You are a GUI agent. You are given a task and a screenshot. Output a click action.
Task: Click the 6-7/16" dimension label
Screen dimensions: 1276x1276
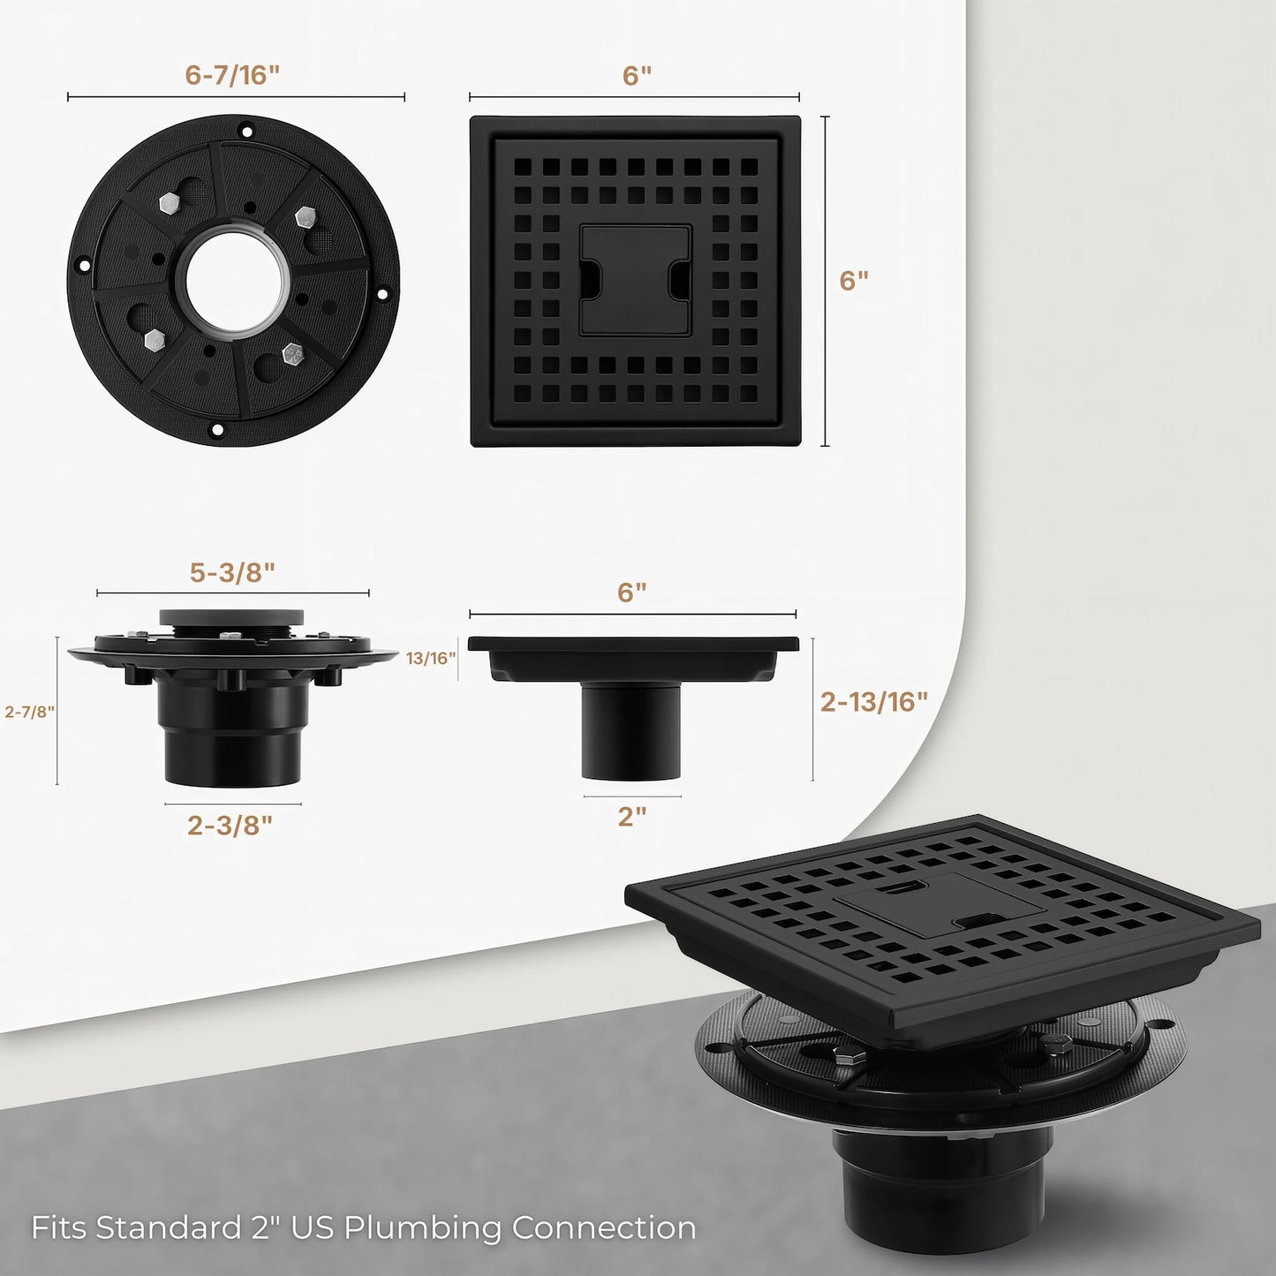tap(232, 75)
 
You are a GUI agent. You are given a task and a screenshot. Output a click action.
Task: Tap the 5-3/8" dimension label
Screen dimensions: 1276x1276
tap(232, 572)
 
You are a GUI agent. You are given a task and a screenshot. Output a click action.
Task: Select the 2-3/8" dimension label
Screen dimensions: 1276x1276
tap(230, 825)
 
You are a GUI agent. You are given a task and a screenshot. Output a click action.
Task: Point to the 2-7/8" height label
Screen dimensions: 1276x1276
tap(30, 712)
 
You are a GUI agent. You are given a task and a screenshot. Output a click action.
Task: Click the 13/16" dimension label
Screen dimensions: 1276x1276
tap(431, 658)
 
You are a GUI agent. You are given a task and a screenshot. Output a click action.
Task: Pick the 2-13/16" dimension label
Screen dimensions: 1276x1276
tap(873, 701)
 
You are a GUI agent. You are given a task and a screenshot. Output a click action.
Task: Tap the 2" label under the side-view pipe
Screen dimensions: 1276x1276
tap(632, 816)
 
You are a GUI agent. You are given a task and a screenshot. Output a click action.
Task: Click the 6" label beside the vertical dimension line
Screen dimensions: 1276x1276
tap(854, 281)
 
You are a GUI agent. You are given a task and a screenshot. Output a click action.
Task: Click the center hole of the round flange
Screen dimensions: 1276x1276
tap(236, 281)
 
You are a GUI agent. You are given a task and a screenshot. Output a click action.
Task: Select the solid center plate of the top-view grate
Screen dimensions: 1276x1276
tap(635, 280)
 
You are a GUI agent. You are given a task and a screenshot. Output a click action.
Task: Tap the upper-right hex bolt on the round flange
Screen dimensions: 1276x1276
tap(306, 215)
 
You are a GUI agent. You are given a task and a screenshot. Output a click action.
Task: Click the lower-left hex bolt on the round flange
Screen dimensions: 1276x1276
tap(153, 340)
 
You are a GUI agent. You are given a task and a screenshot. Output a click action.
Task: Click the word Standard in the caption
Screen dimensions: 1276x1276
tap(168, 1227)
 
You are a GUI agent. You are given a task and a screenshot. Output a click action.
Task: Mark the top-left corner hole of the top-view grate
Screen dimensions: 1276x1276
tap(522, 166)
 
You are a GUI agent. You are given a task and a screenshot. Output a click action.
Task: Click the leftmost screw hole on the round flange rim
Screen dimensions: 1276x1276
tap(84, 265)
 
